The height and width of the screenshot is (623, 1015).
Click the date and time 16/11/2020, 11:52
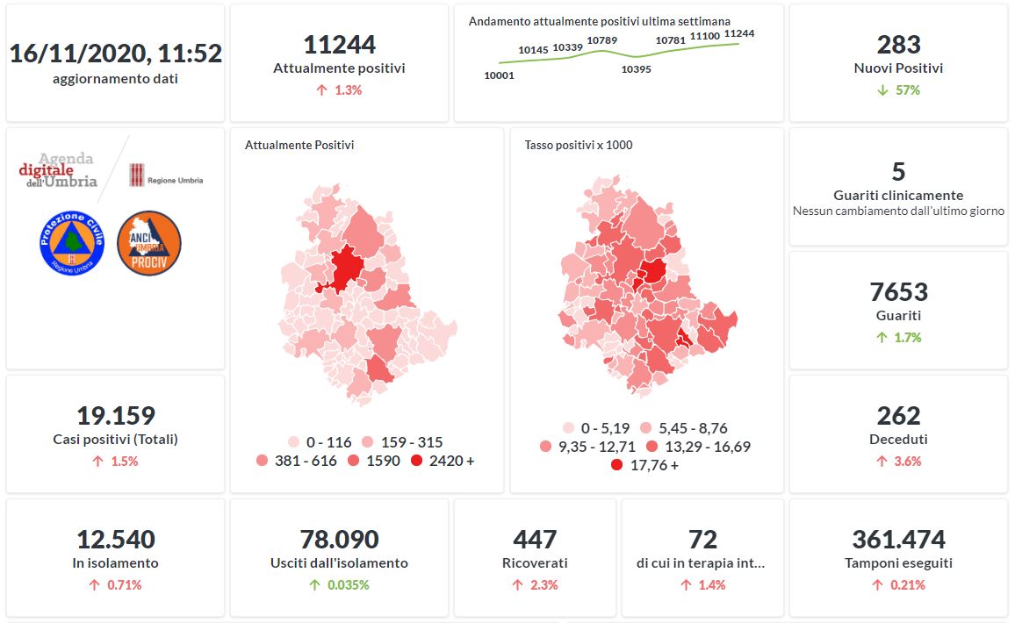coord(115,54)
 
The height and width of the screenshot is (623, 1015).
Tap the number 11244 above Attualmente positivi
coord(339,45)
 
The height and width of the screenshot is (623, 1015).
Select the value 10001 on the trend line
coord(499,75)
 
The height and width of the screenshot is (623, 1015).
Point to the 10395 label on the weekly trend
coord(636,69)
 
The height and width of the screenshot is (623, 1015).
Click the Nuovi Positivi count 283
coord(898,45)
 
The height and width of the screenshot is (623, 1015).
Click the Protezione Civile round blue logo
coord(72,242)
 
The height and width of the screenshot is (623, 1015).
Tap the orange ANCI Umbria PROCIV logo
coord(149,243)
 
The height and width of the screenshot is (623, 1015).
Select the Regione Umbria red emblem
coord(136,175)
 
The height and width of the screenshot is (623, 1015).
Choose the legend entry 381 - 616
coord(297,461)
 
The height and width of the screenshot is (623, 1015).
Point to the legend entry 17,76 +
coord(644,465)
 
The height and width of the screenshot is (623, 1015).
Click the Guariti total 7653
coord(898,292)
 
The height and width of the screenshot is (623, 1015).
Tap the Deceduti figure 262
coord(898,416)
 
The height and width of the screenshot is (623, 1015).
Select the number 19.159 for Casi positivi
coord(115,416)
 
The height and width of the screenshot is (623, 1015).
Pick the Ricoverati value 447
coord(535,540)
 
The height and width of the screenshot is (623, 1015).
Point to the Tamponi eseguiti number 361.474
coord(898,540)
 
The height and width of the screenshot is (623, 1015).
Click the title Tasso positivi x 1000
coord(578,145)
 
